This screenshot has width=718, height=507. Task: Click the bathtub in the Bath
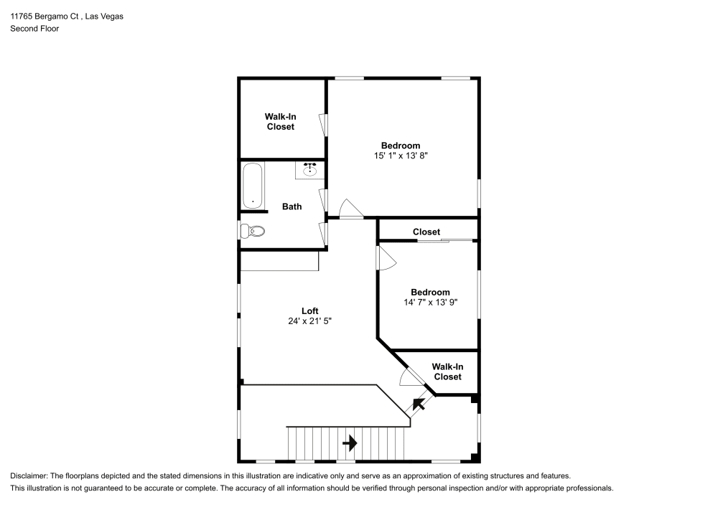point(253,185)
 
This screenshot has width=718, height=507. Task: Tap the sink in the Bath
point(310,170)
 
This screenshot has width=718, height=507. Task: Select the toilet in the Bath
point(253,231)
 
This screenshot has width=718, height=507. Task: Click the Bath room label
point(292,207)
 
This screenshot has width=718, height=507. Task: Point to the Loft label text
point(309,311)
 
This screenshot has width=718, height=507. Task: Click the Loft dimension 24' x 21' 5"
point(309,321)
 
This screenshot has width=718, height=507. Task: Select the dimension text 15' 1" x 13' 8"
point(400,155)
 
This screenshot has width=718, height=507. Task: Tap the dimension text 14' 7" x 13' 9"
point(430,303)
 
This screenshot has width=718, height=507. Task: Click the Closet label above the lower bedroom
point(426,232)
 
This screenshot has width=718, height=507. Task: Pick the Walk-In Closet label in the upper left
point(280,121)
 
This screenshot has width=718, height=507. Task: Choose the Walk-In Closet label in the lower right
point(447,371)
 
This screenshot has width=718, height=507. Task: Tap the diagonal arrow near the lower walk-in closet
point(417,404)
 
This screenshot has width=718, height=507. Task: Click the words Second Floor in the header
point(34,29)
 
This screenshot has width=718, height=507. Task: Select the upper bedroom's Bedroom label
point(400,146)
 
